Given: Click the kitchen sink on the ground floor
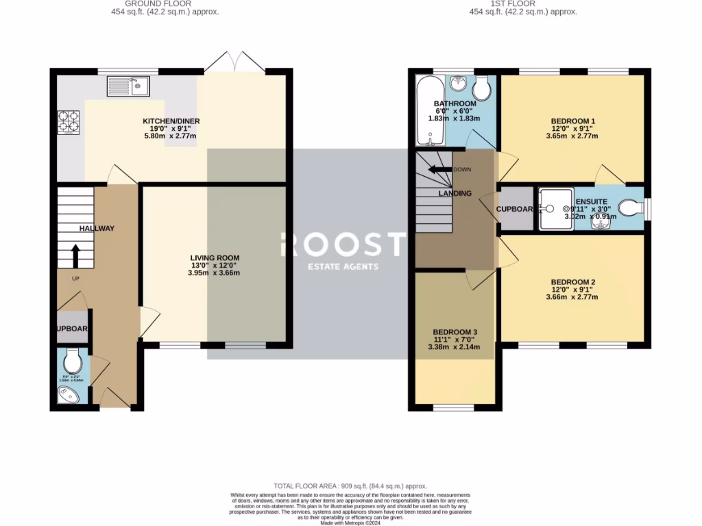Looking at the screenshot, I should point(128,86).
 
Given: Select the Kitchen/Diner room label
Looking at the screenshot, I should point(166,121).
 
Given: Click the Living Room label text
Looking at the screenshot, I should point(215,258).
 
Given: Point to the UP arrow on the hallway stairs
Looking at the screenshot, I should point(75,256).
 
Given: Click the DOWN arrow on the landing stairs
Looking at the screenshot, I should point(440,169).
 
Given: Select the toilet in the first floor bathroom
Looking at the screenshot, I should point(482,87).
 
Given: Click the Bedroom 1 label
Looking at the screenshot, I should point(573,121).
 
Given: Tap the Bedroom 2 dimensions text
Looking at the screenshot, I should point(573,293).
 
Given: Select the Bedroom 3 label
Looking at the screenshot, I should point(455,332).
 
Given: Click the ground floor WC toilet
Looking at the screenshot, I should point(73,361).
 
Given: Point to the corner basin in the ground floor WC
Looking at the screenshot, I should point(68,394).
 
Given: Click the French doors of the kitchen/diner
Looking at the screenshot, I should point(234,62).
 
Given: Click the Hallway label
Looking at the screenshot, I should point(97,229).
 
